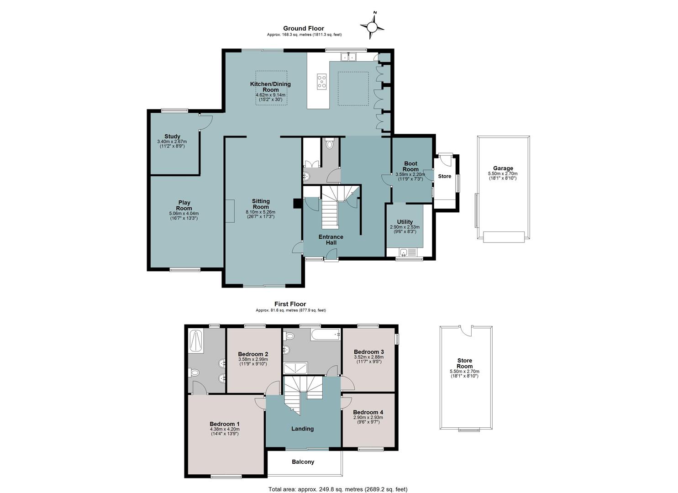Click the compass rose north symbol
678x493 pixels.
pyautogui.click(x=372, y=26)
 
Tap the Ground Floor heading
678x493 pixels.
pyautogui.click(x=304, y=28)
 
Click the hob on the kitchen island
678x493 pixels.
pyautogui.click(x=322, y=82)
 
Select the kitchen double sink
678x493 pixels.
pyautogui.click(x=349, y=57)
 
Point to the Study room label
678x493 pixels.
pyautogui.click(x=172, y=136)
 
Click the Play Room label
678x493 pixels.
pyautogui.click(x=184, y=205)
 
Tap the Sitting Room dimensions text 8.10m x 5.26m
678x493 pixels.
pyautogui.click(x=261, y=212)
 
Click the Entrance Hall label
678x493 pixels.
pyautogui.click(x=331, y=240)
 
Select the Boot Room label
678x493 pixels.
pyautogui.click(x=410, y=167)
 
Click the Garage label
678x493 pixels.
pyautogui.click(x=503, y=168)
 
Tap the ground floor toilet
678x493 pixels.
pyautogui.click(x=329, y=143)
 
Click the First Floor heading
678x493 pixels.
pyautogui.click(x=290, y=304)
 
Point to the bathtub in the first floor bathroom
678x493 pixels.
pyautogui.click(x=326, y=335)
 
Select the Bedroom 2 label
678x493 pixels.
pyautogui.click(x=253, y=354)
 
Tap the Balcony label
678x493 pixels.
pyautogui.click(x=303, y=462)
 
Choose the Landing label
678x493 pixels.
pyautogui.click(x=302, y=429)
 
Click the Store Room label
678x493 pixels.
pyautogui.click(x=465, y=363)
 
